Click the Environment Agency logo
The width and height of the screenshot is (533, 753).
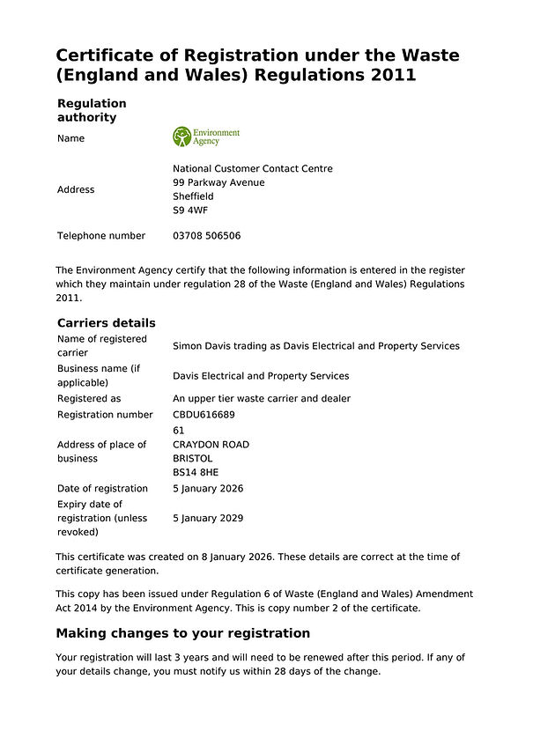tap(206, 137)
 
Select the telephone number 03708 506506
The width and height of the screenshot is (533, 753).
tap(206, 236)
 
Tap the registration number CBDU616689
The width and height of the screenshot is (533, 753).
tap(204, 415)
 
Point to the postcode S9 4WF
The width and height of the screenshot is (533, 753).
tap(190, 211)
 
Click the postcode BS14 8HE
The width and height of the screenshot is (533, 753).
tap(196, 473)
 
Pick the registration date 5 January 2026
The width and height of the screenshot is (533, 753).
tap(208, 489)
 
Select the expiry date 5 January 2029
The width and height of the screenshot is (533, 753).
tap(208, 519)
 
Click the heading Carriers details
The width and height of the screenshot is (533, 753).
tap(106, 323)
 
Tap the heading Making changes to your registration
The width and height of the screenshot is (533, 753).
tap(182, 633)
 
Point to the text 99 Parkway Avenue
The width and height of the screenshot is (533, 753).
tap(218, 183)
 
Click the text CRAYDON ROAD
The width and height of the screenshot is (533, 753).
tap(211, 445)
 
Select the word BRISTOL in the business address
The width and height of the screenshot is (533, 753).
tap(193, 459)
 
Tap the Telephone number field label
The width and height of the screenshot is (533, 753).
tap(101, 236)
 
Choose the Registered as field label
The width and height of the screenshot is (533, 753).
tap(89, 399)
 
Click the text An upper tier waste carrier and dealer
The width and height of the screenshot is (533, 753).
tap(262, 399)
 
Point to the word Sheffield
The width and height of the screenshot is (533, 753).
tap(193, 197)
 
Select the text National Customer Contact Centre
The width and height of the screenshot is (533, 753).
tap(253, 169)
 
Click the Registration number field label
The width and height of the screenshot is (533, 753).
tap(105, 415)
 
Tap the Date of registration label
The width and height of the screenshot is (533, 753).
tap(102, 489)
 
